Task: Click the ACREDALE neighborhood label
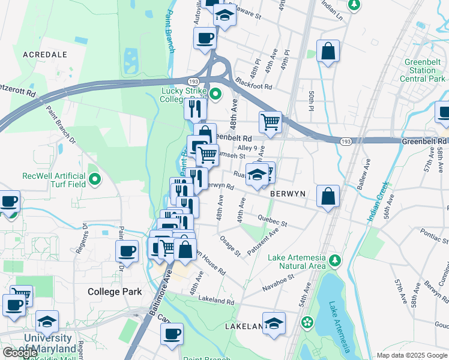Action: click(44, 54)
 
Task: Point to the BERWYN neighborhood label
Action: click(288, 194)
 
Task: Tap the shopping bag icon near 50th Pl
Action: click(328, 52)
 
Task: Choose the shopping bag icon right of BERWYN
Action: click(328, 196)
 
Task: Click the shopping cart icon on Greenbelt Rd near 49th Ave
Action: click(271, 122)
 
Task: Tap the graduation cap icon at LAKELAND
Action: click(274, 323)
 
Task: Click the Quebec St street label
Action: click(273, 220)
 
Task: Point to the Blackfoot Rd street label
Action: click(254, 83)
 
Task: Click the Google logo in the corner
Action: click(20, 353)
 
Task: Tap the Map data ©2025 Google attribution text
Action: click(411, 355)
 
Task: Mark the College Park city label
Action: click(115, 292)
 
